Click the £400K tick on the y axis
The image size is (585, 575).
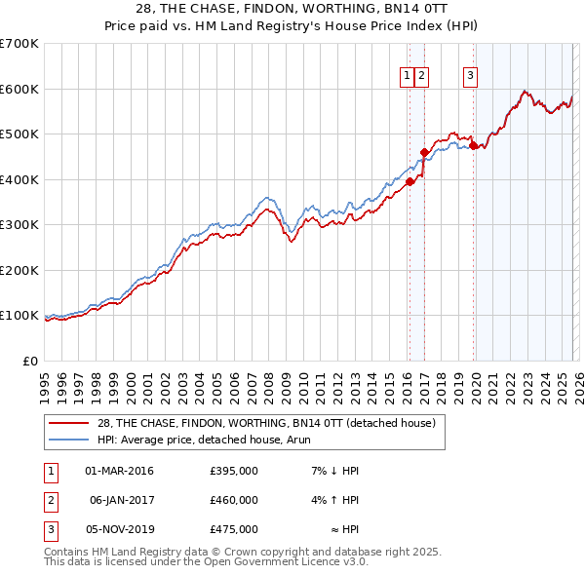point(19,179)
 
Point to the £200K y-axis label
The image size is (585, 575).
point(19,270)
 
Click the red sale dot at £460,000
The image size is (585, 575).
point(424,152)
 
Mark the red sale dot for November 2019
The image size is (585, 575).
point(474,146)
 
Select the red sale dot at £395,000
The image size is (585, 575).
point(410,181)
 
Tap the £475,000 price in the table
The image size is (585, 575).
point(233,529)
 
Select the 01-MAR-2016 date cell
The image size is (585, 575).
point(119,471)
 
